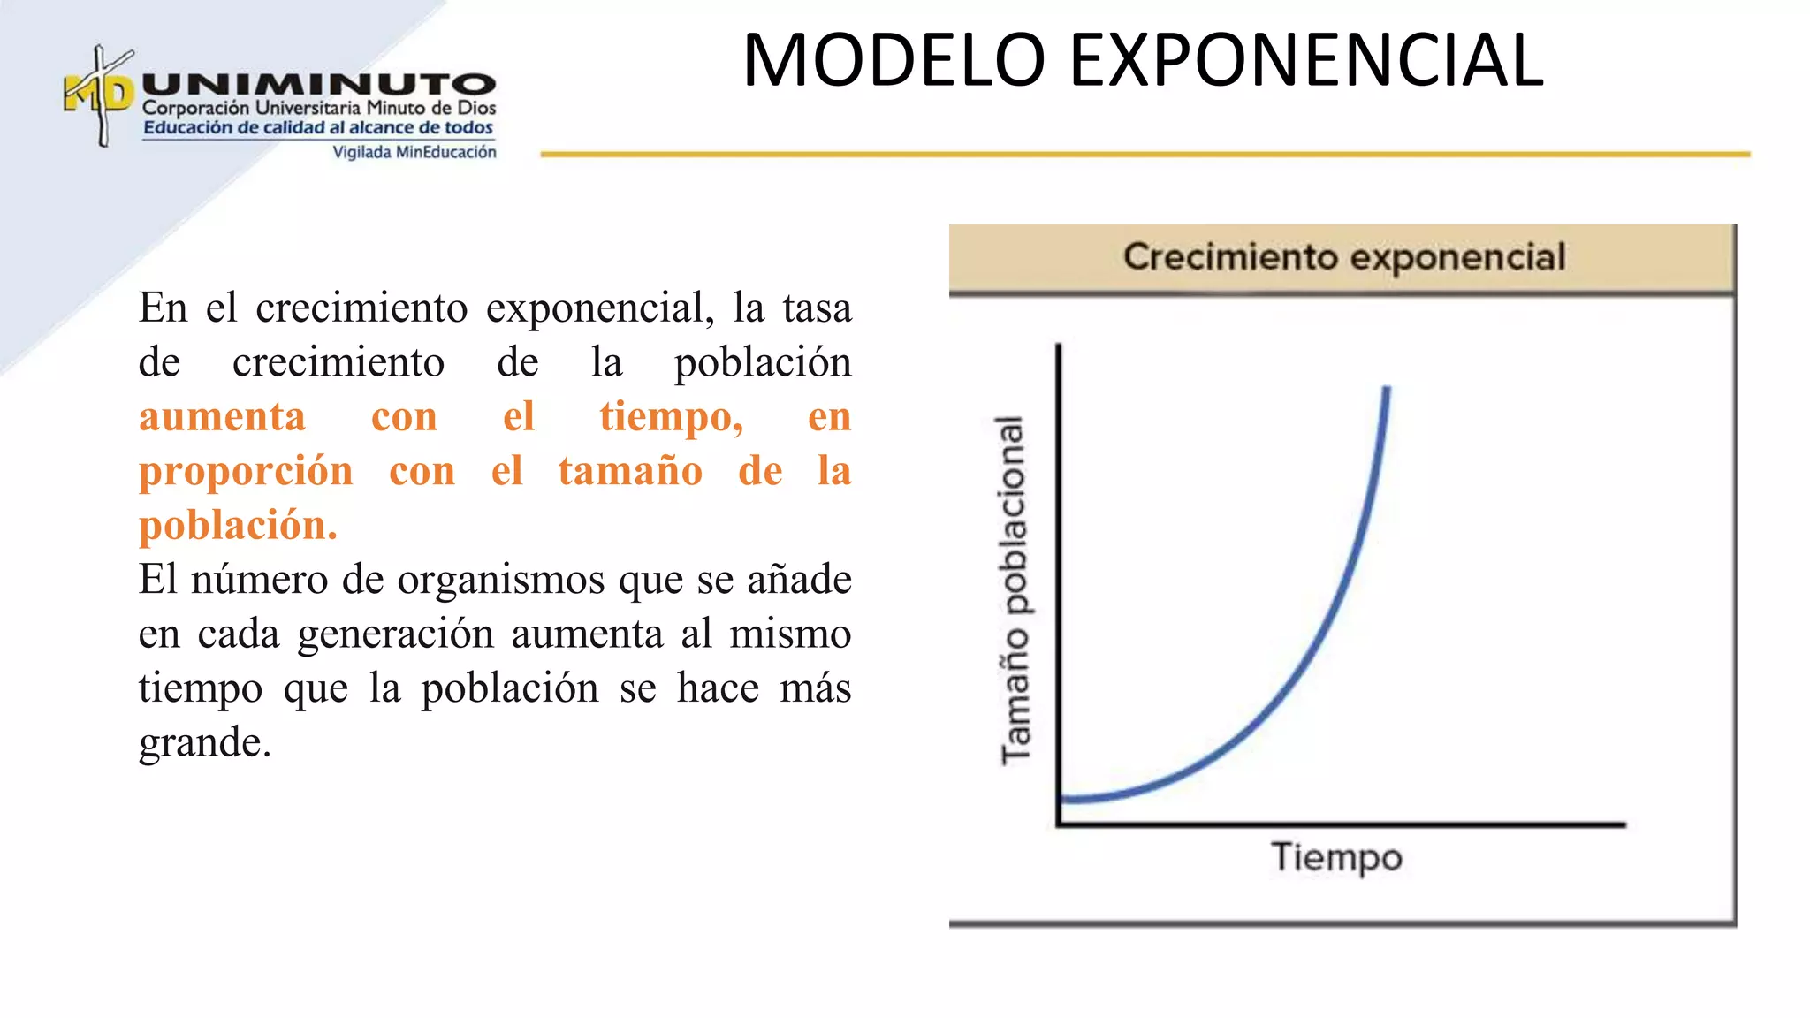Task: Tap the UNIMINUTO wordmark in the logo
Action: click(318, 85)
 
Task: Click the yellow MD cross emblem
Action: click(100, 95)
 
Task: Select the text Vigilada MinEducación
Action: click(414, 152)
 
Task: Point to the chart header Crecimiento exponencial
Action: click(1343, 257)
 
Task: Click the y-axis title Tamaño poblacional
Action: click(1015, 589)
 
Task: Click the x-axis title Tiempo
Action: click(1336, 857)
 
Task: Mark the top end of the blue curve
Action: click(1387, 389)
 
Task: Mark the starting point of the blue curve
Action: click(1064, 799)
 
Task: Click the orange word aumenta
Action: click(222, 416)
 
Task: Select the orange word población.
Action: click(237, 525)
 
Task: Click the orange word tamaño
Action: click(630, 470)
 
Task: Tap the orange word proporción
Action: click(246, 471)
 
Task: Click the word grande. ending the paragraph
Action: click(204, 742)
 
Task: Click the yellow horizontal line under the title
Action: click(1145, 154)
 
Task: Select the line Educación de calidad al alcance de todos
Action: click(318, 128)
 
